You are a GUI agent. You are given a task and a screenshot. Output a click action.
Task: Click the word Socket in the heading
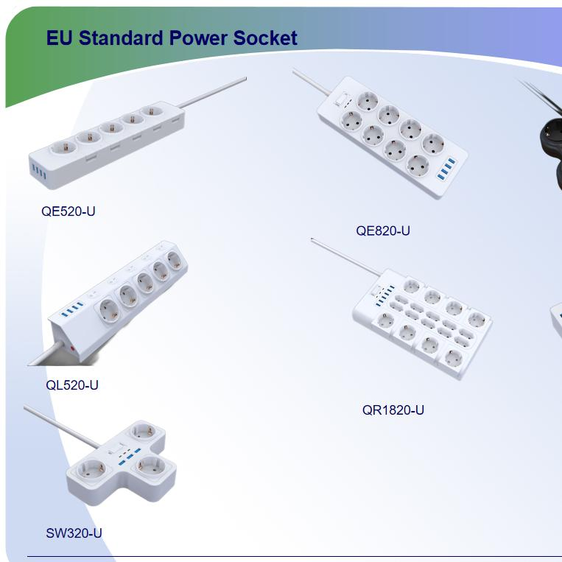click(x=265, y=38)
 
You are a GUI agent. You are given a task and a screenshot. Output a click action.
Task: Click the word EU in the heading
click(x=60, y=38)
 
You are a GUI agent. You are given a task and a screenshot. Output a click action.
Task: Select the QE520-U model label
click(x=68, y=211)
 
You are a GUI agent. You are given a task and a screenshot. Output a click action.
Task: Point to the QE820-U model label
click(x=383, y=231)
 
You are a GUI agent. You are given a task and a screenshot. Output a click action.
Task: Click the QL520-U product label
click(x=72, y=385)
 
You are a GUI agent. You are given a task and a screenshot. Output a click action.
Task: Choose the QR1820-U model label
click(x=393, y=410)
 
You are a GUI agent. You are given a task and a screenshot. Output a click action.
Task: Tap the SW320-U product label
click(x=74, y=533)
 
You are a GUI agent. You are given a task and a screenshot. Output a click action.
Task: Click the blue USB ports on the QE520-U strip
click(x=39, y=172)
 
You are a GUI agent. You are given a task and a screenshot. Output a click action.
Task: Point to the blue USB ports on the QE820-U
click(x=446, y=168)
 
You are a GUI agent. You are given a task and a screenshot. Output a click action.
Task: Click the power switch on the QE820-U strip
click(x=342, y=99)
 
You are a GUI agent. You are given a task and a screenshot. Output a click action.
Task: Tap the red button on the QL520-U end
click(x=72, y=348)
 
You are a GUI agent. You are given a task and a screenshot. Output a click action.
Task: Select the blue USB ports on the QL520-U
click(x=72, y=309)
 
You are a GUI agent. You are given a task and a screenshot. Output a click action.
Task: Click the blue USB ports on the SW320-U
click(x=130, y=455)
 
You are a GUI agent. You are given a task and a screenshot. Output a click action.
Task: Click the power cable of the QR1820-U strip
click(x=347, y=257)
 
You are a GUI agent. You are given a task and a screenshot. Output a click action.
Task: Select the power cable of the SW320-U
click(x=62, y=426)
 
